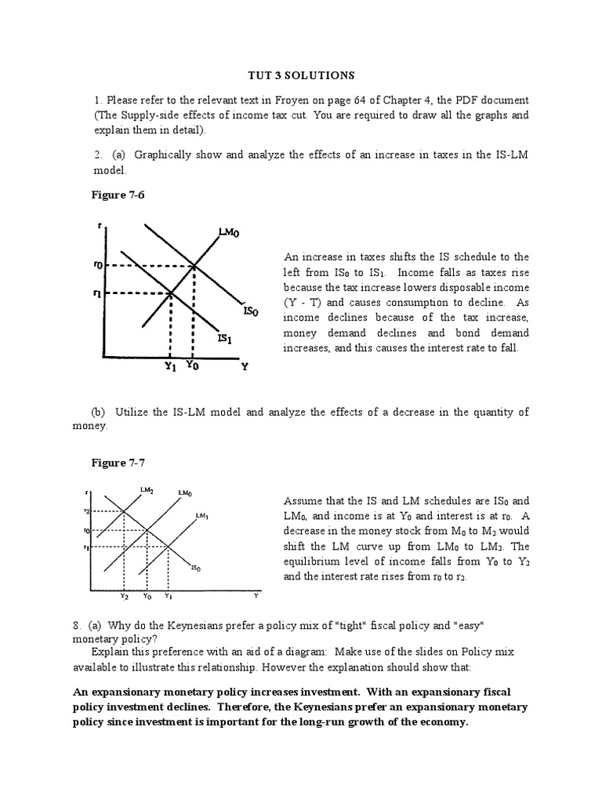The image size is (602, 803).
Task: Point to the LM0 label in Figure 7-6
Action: click(x=228, y=233)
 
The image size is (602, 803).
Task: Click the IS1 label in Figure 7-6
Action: click(x=224, y=339)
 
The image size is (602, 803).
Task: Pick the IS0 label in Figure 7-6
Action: click(x=251, y=312)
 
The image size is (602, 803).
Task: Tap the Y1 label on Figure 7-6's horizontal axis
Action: click(x=170, y=365)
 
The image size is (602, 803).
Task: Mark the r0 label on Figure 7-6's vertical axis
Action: click(x=97, y=266)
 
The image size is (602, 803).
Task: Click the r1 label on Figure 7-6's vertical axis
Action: click(x=97, y=294)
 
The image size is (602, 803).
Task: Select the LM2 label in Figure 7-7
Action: click(x=147, y=490)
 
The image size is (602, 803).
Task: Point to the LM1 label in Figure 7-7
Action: click(x=201, y=515)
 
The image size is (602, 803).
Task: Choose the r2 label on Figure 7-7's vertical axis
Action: click(x=96, y=511)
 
